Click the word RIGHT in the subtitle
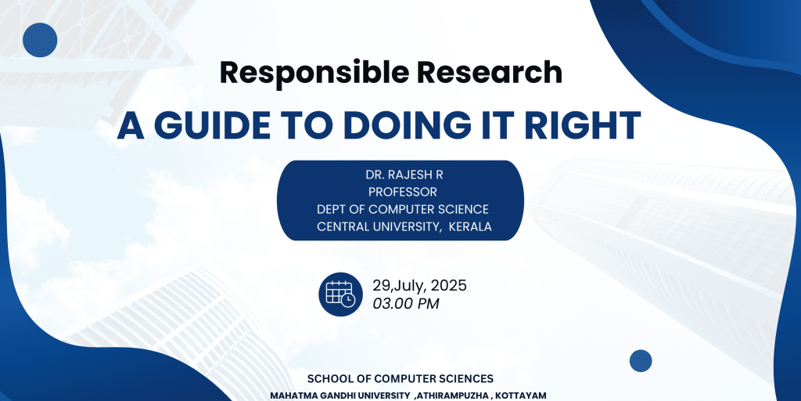pyautogui.click(x=590, y=125)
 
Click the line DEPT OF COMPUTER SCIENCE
pyautogui.click(x=403, y=210)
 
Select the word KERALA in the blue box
pyautogui.click(x=470, y=227)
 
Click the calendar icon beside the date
pyautogui.click(x=341, y=294)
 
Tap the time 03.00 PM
pyautogui.click(x=406, y=304)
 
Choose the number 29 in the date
pyautogui.click(x=381, y=286)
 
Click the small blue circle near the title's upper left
pyautogui.click(x=40, y=40)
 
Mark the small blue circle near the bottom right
pyautogui.click(x=641, y=360)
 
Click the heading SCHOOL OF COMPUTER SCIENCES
pyautogui.click(x=400, y=379)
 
